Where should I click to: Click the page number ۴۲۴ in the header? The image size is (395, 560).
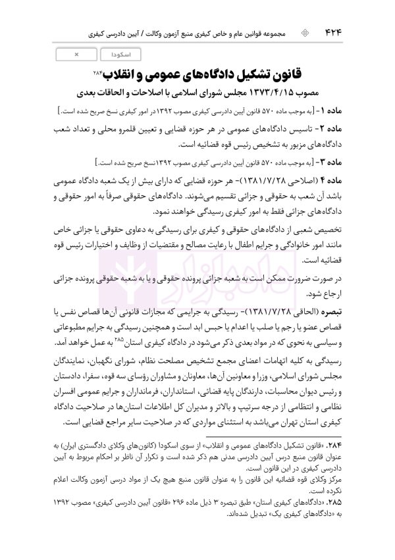[363, 32]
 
